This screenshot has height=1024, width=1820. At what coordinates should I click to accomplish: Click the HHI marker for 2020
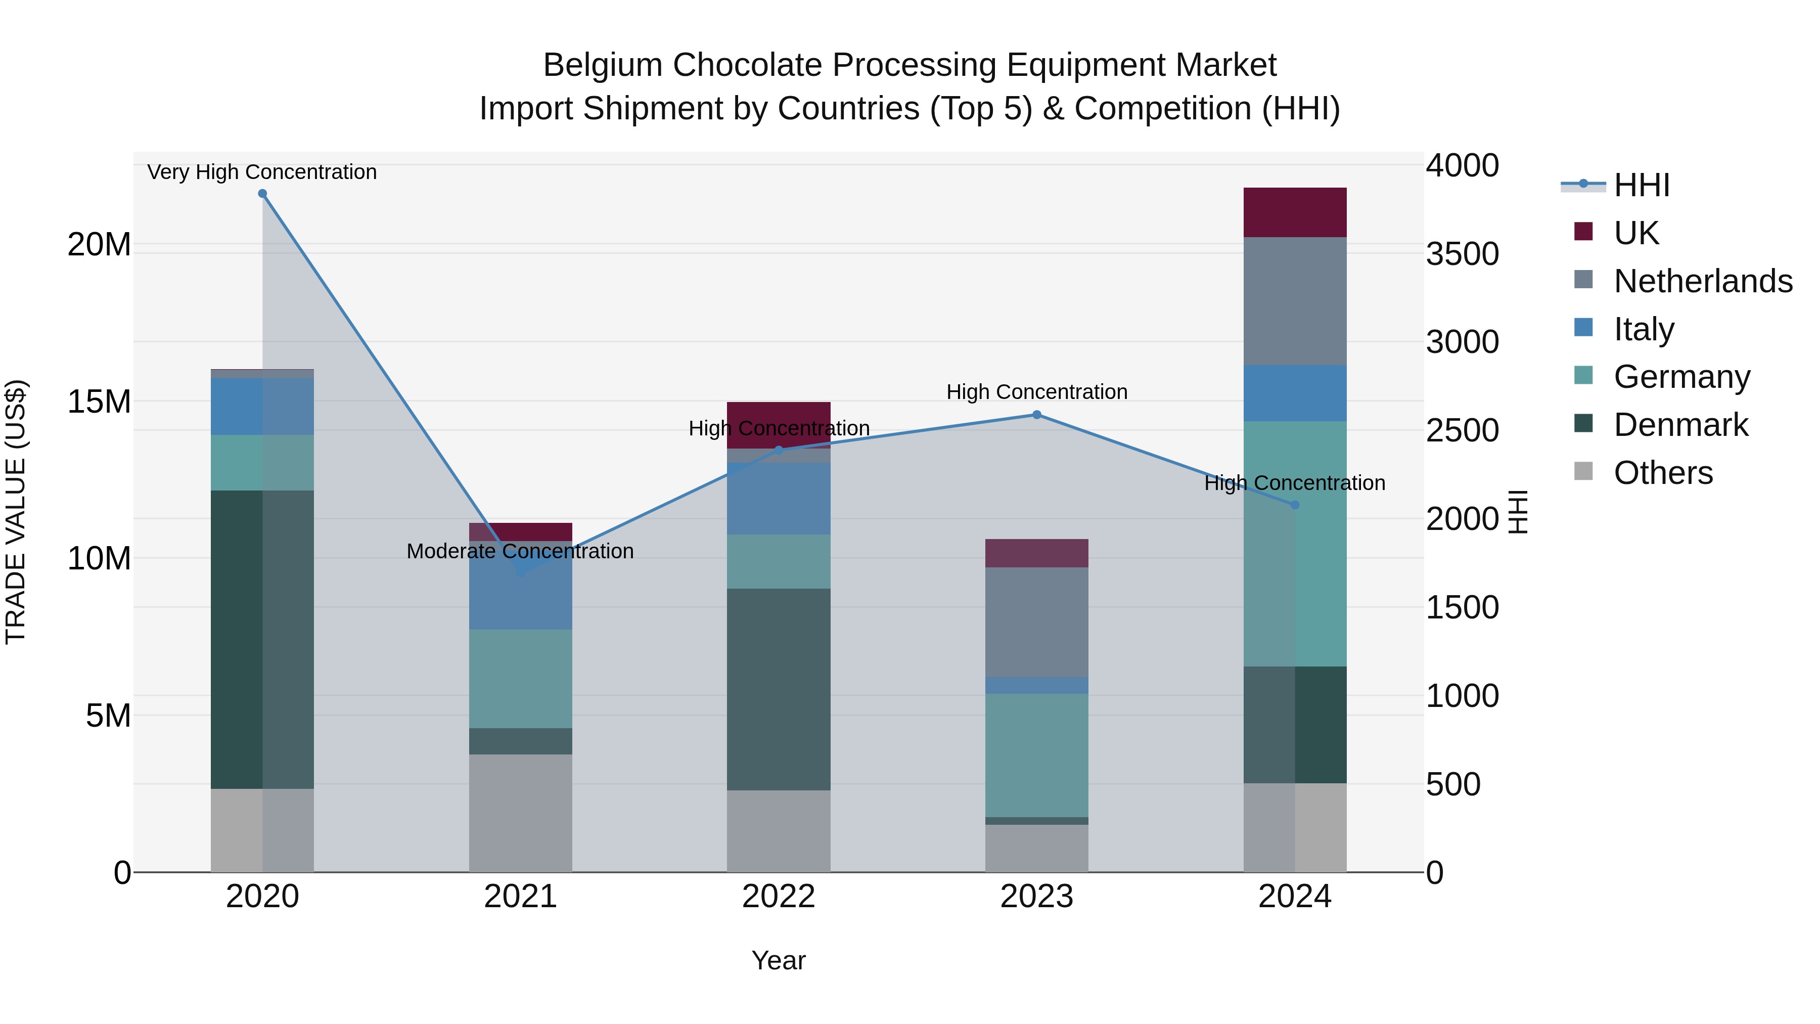click(262, 194)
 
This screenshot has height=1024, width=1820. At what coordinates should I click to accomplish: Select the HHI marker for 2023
click(1036, 415)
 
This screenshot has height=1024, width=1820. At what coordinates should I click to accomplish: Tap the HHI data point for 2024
click(1294, 505)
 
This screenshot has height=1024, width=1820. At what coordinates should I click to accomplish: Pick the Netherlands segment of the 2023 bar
click(1036, 622)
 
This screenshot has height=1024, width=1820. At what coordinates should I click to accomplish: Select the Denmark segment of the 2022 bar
click(779, 689)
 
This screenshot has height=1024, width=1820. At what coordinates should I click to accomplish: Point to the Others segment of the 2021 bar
click(521, 813)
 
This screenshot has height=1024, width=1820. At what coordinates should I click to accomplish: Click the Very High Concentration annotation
click(262, 172)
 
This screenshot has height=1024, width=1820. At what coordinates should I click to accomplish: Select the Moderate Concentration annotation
click(520, 551)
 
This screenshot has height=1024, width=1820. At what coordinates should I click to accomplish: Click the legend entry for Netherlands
click(1703, 281)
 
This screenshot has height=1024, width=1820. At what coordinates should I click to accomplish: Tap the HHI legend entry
click(1641, 185)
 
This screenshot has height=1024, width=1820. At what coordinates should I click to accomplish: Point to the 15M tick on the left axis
click(99, 402)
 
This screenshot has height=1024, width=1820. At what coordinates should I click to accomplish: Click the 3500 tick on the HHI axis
click(1462, 254)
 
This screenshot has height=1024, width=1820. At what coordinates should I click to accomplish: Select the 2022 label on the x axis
click(779, 897)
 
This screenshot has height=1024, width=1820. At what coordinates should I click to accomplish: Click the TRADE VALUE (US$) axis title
click(16, 512)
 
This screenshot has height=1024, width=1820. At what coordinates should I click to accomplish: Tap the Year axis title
click(779, 960)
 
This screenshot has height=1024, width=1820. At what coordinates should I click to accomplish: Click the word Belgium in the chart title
click(602, 65)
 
